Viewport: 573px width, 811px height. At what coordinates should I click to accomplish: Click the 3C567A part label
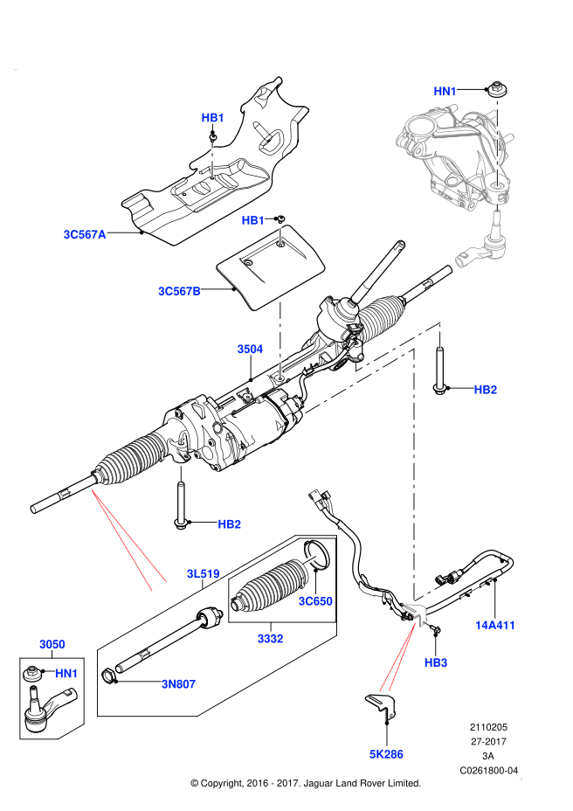[x=84, y=234]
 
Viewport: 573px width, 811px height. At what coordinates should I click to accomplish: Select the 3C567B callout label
[x=179, y=291]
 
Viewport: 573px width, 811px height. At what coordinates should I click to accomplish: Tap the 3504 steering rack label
[x=250, y=349]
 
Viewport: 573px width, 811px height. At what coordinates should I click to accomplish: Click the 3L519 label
[x=203, y=574]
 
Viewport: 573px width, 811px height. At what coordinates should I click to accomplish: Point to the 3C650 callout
[x=314, y=601]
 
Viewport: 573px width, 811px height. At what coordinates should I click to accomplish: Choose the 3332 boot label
[x=270, y=639]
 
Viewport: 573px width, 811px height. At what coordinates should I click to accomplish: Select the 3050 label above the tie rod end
[x=52, y=644]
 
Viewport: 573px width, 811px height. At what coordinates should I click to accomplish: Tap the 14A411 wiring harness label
[x=496, y=625]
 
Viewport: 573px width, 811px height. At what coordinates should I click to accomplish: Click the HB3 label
[x=436, y=663]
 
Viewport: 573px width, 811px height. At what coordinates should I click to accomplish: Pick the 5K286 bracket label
[x=386, y=753]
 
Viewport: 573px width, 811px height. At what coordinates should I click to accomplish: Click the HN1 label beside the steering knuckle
[x=445, y=91]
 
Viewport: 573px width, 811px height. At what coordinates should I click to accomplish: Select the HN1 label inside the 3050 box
[x=66, y=673]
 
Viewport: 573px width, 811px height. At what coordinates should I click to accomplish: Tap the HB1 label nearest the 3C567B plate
[x=253, y=220]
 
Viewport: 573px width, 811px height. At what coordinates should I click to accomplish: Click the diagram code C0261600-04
[x=489, y=770]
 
